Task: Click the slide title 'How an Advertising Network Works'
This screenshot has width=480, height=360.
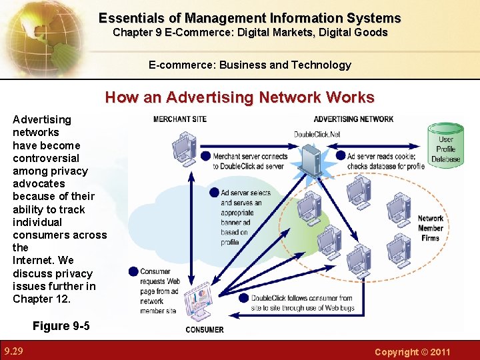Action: click(240, 97)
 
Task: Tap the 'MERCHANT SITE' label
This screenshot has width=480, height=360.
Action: click(180, 119)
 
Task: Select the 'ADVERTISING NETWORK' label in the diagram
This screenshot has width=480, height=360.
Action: click(353, 119)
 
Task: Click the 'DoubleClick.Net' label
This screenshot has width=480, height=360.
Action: click(317, 135)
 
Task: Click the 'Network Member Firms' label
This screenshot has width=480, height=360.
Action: click(431, 228)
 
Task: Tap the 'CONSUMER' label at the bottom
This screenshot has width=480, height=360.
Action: click(205, 329)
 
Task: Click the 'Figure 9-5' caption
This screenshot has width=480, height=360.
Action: click(61, 326)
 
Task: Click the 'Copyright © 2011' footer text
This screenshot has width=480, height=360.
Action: click(413, 351)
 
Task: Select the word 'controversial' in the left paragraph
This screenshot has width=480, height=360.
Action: click(46, 158)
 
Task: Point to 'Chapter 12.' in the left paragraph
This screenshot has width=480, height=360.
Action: click(41, 299)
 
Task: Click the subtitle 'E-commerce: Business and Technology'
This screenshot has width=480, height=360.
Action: click(249, 65)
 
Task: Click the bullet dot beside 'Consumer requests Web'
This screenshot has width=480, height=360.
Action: click(133, 271)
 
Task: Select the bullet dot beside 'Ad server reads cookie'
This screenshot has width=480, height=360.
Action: click(341, 156)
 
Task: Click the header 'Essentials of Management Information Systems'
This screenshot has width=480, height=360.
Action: click(249, 19)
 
